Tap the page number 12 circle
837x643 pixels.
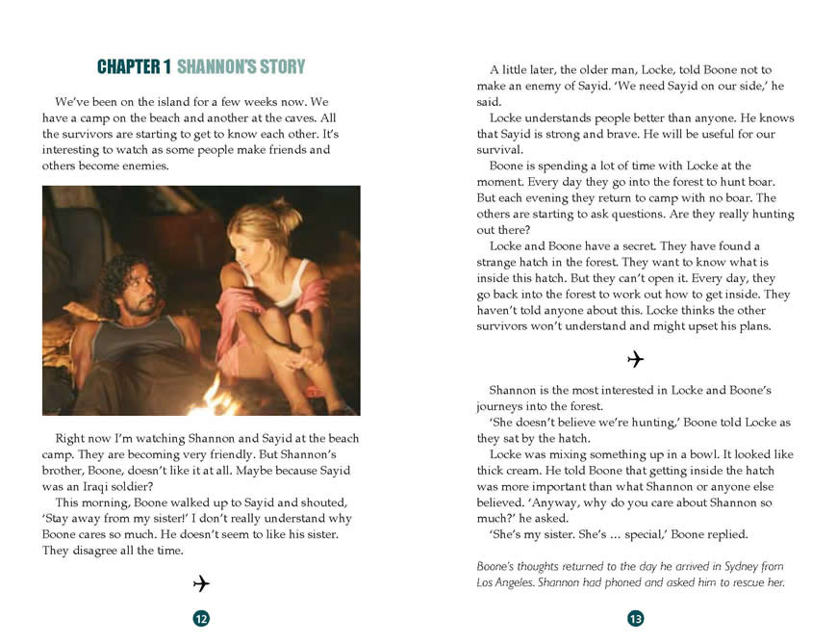click(x=201, y=618)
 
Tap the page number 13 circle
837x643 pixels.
click(x=635, y=618)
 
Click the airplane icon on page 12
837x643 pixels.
click(x=201, y=583)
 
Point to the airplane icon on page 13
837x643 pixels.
click(x=635, y=359)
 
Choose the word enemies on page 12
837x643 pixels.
click(x=143, y=167)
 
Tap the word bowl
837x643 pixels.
click(x=701, y=453)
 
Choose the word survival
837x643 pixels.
click(x=499, y=150)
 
